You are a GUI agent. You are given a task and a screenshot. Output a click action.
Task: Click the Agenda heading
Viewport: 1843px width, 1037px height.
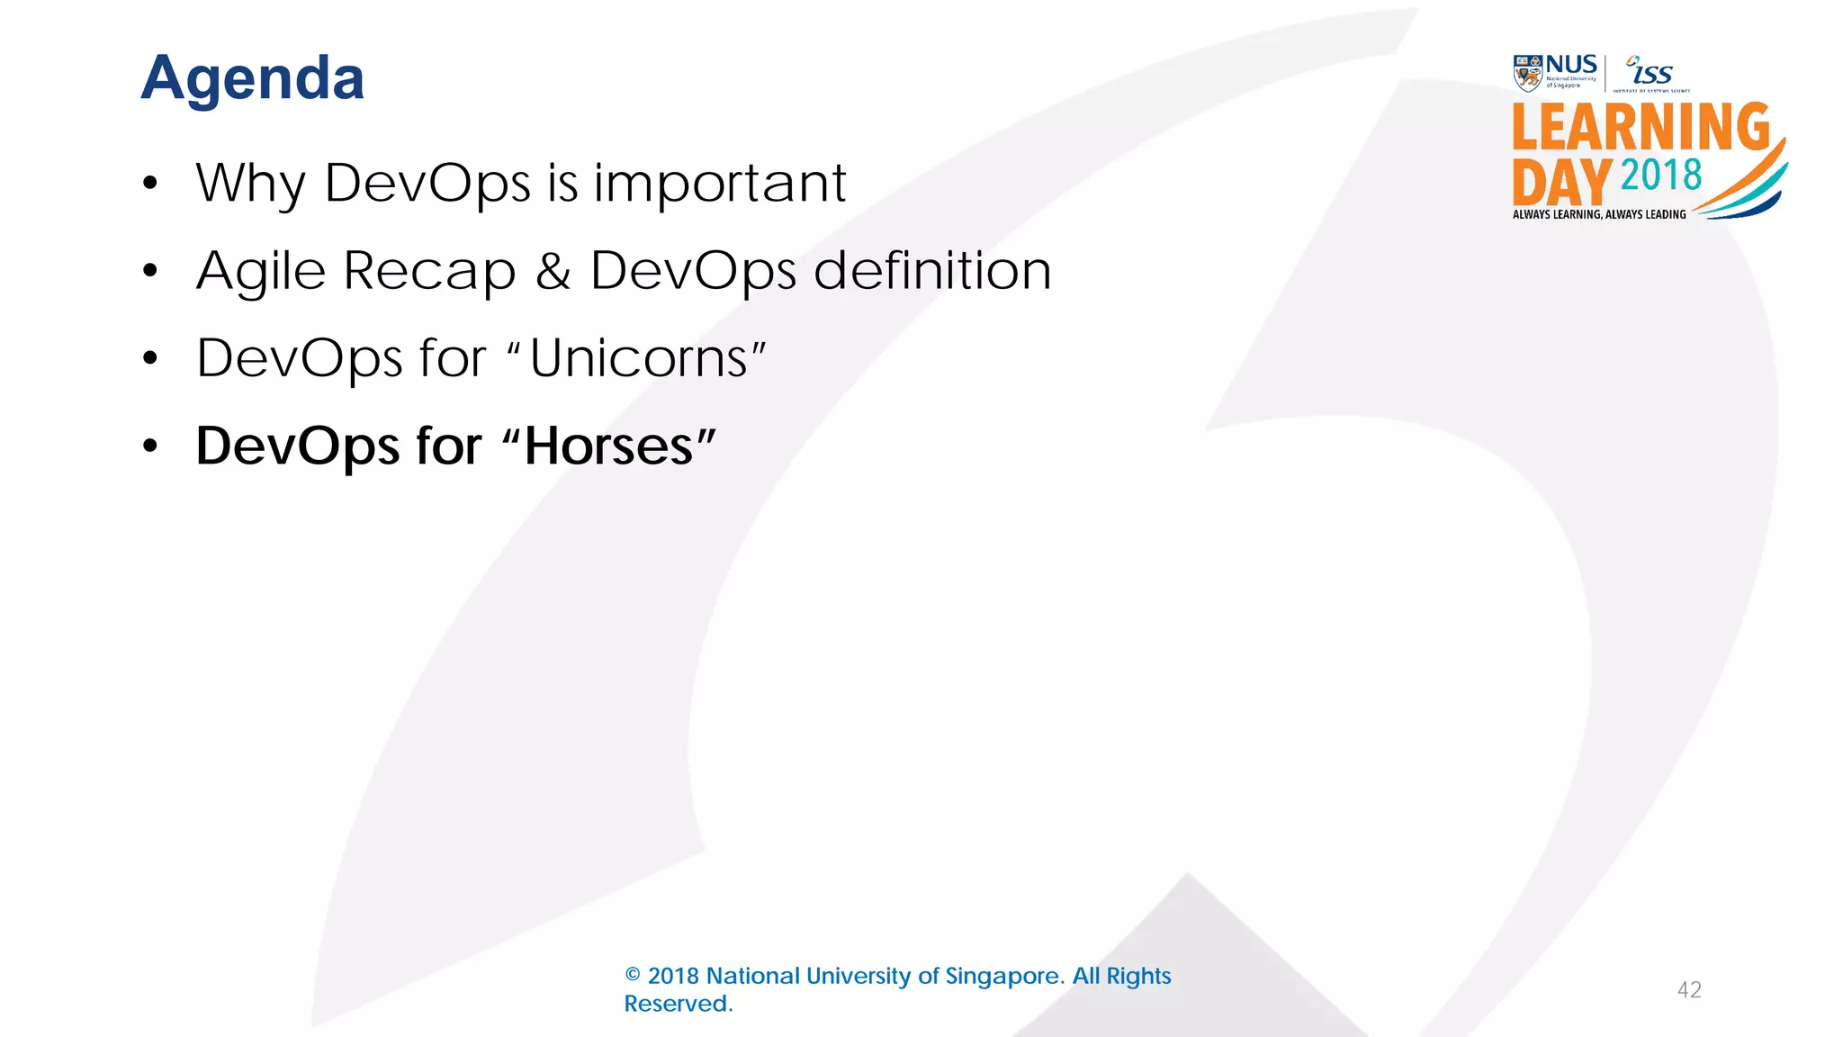coord(253,78)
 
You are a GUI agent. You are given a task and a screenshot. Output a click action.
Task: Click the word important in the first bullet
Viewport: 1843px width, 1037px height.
coord(719,183)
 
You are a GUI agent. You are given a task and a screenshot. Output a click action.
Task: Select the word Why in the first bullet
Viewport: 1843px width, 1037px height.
coord(251,184)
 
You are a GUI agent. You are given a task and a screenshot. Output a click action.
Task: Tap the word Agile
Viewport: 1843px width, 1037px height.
coord(261,270)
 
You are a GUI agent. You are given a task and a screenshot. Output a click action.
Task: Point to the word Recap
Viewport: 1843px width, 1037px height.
coord(429,271)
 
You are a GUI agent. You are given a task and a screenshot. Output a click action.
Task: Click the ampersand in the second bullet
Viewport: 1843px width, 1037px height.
coord(553,271)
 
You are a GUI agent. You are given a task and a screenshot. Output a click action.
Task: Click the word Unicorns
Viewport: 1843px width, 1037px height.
coord(639,358)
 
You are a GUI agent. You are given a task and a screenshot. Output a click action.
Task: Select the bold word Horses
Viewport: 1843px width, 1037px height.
coord(609,446)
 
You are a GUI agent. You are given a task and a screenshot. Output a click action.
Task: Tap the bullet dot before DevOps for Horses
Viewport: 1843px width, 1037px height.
coord(150,446)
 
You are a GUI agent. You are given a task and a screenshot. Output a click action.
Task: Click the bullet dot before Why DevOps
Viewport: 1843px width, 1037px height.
coord(150,183)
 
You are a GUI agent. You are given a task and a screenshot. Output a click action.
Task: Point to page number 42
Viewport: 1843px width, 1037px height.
coord(1689,990)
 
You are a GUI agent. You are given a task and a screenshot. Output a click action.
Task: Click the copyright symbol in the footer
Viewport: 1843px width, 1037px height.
coord(633,976)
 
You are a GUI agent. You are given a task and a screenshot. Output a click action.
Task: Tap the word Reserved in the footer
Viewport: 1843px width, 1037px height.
coord(678,1004)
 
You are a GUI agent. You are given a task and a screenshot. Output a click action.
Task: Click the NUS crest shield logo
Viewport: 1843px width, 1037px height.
coord(1527,73)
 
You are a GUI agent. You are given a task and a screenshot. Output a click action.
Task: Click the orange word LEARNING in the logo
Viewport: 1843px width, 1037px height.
coord(1641,127)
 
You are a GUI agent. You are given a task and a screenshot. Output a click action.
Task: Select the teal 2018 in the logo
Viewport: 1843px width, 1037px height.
coord(1661,175)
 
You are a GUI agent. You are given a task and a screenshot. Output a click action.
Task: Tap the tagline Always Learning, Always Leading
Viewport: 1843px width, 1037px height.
coord(1599,214)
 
